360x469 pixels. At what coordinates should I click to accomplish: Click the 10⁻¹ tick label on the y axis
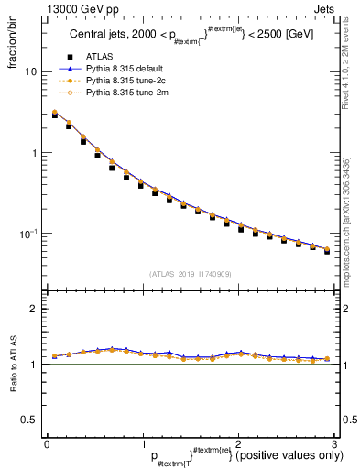point(28,234)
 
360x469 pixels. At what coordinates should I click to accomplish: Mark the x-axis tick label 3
point(334,443)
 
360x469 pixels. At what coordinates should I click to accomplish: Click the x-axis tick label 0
point(47,443)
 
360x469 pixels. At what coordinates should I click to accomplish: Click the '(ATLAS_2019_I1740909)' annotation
point(191,273)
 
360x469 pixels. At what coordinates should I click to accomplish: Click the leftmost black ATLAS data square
point(55,115)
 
